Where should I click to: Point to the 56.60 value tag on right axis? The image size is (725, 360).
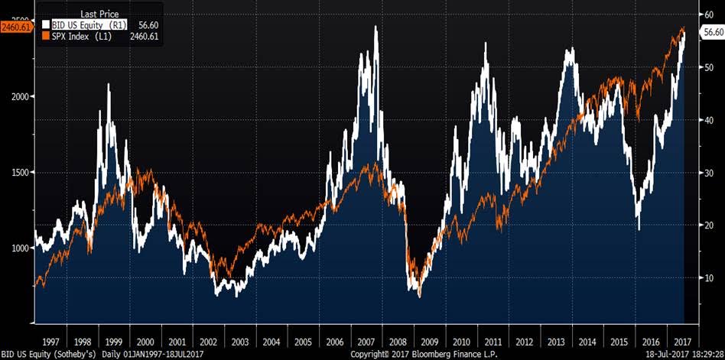713,33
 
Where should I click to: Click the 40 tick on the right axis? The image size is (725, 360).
708,120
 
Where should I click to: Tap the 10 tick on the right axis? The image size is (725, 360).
708,278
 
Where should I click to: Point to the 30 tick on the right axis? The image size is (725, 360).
708,173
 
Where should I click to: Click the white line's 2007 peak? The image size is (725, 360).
376,27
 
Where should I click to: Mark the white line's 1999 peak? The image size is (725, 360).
109,84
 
